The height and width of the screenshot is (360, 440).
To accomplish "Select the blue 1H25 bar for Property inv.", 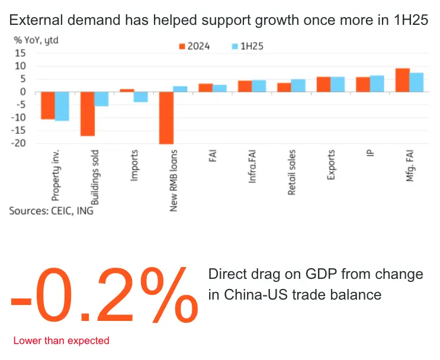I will click(62, 106).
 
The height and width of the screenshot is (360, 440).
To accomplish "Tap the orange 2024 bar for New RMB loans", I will click(166, 118).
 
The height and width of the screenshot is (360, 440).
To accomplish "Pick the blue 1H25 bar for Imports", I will click(140, 97).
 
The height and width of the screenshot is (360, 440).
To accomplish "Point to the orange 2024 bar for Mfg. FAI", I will click(403, 80).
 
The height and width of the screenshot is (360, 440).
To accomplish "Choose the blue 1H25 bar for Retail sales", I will click(298, 85).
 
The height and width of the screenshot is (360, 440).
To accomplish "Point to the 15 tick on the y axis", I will click(21, 53).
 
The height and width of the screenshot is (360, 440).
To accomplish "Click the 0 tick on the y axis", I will click(23, 92).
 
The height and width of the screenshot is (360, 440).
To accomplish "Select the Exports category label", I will click(331, 165).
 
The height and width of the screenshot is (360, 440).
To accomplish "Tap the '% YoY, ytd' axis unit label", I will click(36, 40).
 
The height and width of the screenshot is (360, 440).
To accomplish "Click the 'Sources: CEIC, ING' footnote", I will click(51, 210).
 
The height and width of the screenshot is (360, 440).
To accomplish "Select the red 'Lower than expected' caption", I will click(61, 340).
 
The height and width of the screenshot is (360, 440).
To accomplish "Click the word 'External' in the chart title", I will click(36, 21).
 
